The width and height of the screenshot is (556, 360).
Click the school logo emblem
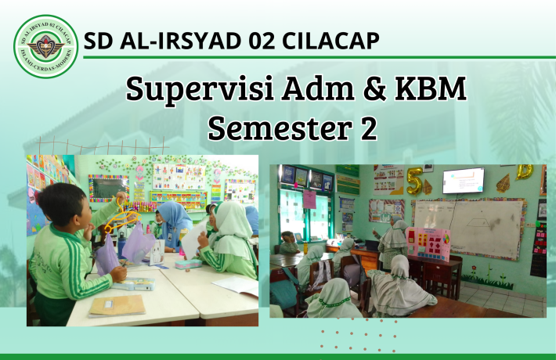(x=46, y=46)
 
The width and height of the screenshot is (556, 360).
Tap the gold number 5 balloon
(x=413, y=181)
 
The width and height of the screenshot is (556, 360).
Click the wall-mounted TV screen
(x=463, y=181)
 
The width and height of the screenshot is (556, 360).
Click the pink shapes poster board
(x=428, y=243)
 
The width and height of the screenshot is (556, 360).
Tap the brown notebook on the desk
(x=117, y=305)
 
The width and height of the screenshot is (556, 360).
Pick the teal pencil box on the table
(x=190, y=264)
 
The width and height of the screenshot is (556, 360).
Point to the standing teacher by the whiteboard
(x=394, y=243)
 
